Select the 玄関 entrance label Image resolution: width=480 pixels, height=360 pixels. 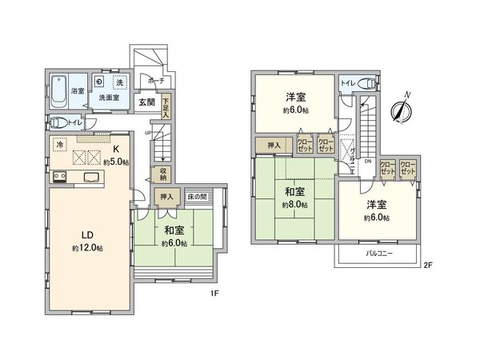(x=145, y=102)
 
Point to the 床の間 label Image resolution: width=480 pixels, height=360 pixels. (x=197, y=196)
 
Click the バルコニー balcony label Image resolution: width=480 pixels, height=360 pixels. (x=380, y=252)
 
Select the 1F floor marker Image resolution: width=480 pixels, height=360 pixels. (x=215, y=293)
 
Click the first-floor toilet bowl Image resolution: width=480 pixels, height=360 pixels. (x=58, y=123)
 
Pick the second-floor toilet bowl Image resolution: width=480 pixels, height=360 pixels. (x=366, y=83)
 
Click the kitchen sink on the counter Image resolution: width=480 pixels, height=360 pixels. (x=88, y=177)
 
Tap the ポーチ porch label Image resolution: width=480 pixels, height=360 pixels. (x=155, y=80)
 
